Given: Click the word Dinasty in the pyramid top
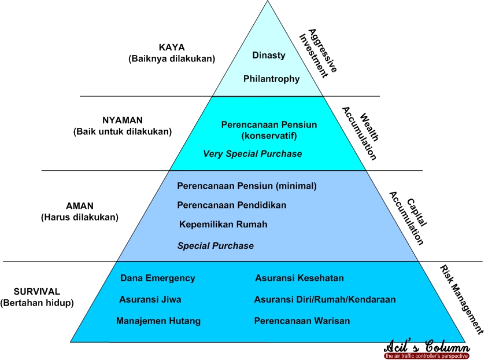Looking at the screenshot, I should [269, 55].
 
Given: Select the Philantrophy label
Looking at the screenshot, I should [271, 79].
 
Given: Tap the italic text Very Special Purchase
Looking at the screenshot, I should [252, 154].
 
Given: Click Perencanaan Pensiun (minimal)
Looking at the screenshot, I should [247, 186].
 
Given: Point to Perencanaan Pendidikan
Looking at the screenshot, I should [231, 205].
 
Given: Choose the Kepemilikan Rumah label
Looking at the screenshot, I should [223, 225].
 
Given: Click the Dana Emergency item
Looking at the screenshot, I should [157, 278].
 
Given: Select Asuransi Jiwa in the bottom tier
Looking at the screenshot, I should [150, 300].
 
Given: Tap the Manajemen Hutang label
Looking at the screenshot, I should [158, 321].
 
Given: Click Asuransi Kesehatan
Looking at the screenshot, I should [299, 278].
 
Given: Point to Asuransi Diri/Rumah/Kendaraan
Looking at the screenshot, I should [324, 300].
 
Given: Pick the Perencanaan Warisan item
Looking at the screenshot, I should [301, 321].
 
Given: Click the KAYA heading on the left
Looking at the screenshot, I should [171, 47].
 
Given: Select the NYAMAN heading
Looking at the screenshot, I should [122, 120].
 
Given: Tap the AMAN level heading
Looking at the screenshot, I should [79, 206].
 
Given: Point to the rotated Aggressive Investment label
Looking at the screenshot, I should [318, 51].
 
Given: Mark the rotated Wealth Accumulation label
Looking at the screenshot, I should [359, 133].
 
